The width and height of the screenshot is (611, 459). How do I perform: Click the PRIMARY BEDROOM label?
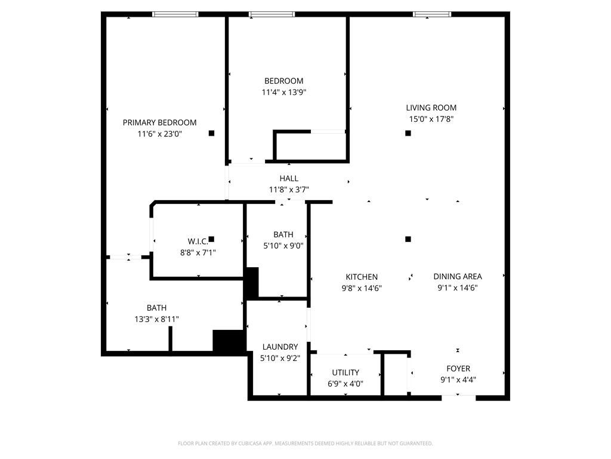pyautogui.click(x=159, y=123)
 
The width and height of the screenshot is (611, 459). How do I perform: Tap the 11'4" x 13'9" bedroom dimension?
pyautogui.click(x=283, y=92)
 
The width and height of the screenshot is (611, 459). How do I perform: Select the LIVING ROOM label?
pyautogui.click(x=431, y=108)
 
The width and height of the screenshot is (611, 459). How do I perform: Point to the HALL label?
pyautogui.click(x=289, y=178)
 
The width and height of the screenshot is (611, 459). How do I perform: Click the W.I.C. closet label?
pyautogui.click(x=198, y=241)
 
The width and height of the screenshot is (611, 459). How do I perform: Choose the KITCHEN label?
pyautogui.click(x=362, y=277)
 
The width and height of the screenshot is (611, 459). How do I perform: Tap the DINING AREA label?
pyautogui.click(x=457, y=276)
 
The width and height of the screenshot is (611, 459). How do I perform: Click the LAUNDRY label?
pyautogui.click(x=280, y=347)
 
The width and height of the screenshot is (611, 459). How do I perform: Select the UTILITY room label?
pyautogui.click(x=345, y=372)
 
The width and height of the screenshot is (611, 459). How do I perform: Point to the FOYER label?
pyautogui.click(x=458, y=368)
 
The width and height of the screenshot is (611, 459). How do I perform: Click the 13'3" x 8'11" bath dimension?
pyautogui.click(x=156, y=319)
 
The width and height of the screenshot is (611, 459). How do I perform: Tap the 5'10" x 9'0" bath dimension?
pyautogui.click(x=283, y=245)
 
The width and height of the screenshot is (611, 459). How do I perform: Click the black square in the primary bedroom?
pyautogui.click(x=211, y=133)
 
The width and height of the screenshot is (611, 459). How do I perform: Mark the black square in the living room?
pyautogui.click(x=408, y=133)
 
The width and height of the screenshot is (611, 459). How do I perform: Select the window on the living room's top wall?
pyautogui.click(x=432, y=14)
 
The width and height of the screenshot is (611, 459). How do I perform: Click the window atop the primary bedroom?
pyautogui.click(x=175, y=14)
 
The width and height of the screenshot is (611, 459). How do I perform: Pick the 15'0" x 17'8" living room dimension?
pyautogui.click(x=431, y=119)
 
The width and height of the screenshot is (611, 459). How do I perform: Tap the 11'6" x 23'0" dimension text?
pyautogui.click(x=159, y=134)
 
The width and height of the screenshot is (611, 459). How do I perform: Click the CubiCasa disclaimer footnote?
pyautogui.click(x=305, y=443)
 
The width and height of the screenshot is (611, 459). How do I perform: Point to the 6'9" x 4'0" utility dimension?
pyautogui.click(x=345, y=384)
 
